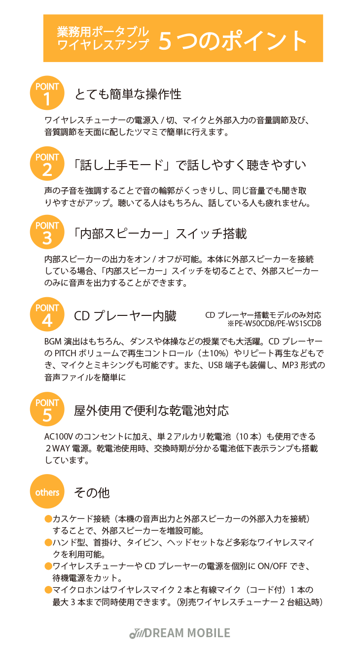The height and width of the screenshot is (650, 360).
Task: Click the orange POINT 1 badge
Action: (x=47, y=93)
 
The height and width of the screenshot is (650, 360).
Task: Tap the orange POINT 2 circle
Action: (x=47, y=164)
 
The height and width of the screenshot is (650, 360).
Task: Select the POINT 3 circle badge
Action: (x=47, y=232)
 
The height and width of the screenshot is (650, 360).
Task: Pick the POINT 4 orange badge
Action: (x=47, y=314)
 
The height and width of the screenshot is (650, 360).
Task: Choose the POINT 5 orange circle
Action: (x=47, y=409)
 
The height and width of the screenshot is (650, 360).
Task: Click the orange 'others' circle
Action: (x=47, y=491)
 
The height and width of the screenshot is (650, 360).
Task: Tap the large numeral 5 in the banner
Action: (x=165, y=41)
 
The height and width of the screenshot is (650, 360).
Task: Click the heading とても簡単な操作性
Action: (x=128, y=94)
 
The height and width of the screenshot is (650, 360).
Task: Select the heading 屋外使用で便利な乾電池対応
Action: (x=151, y=411)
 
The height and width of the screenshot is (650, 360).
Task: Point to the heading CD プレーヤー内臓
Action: (x=125, y=316)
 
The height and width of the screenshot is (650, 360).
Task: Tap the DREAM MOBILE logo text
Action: (x=187, y=633)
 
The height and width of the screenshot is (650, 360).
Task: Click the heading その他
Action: (x=92, y=493)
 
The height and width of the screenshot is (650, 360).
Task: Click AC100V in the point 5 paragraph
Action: (x=59, y=437)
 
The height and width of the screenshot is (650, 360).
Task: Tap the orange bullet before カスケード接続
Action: (x=48, y=519)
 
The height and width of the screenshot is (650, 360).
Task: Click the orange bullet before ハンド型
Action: (x=48, y=543)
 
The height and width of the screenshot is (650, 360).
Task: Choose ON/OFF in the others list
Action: (x=272, y=566)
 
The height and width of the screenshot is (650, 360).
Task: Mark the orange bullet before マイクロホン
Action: (x=48, y=590)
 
